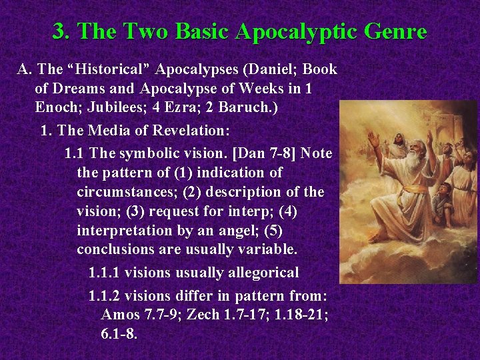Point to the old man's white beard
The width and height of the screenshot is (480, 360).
[413, 163]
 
